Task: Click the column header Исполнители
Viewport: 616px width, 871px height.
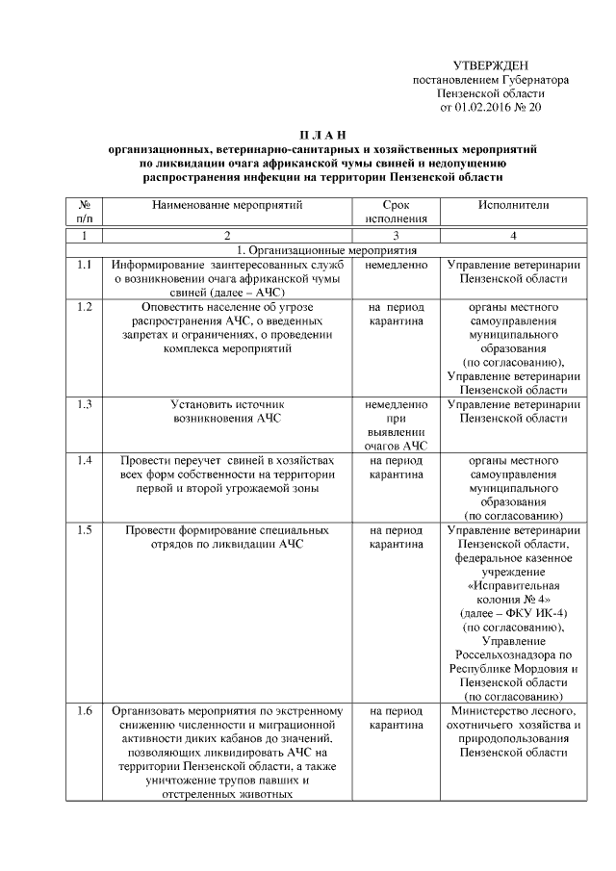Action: click(x=513, y=205)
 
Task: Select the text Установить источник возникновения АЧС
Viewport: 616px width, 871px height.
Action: click(x=227, y=412)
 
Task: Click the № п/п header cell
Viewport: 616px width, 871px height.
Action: click(x=84, y=212)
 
